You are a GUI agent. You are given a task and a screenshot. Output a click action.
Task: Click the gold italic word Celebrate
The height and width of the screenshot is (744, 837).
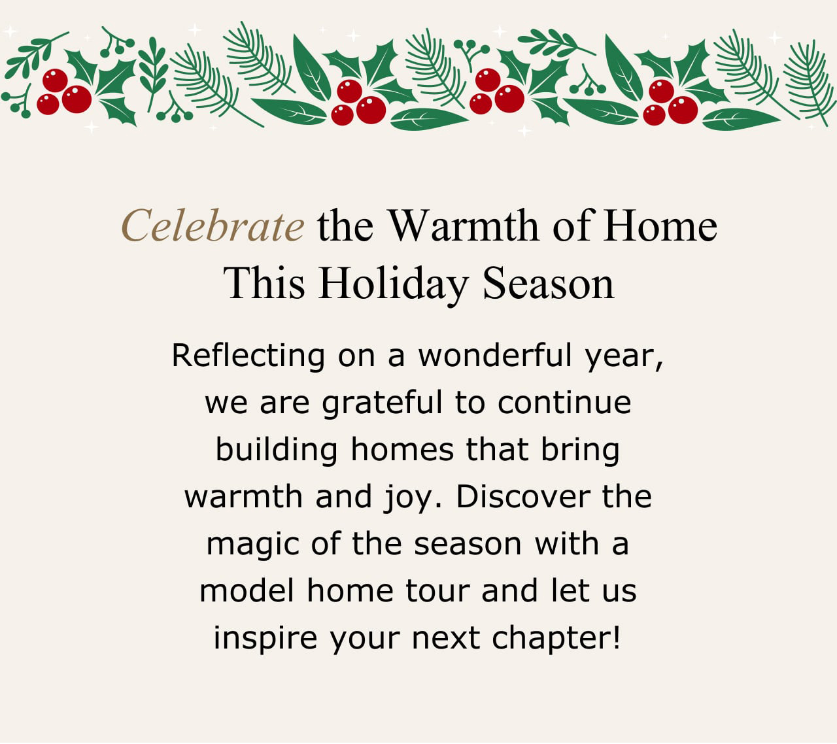tap(213, 226)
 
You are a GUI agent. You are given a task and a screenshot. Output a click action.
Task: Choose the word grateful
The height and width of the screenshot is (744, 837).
tap(382, 403)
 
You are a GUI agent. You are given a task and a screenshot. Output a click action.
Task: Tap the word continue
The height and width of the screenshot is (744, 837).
tap(564, 402)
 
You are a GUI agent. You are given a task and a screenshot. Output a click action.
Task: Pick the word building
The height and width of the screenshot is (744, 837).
tap(277, 450)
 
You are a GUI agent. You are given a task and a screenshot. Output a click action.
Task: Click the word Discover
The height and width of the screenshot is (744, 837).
tap(523, 497)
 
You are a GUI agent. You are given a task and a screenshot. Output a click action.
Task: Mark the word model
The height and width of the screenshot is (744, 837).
tap(247, 590)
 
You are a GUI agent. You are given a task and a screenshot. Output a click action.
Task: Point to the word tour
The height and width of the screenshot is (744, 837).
tap(438, 591)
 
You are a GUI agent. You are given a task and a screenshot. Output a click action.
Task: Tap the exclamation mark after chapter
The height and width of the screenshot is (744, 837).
tap(617, 637)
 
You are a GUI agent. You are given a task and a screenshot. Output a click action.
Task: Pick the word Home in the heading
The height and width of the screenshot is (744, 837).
tap(660, 226)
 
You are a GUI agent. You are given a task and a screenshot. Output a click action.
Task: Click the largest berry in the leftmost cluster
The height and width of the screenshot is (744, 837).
tap(77, 99)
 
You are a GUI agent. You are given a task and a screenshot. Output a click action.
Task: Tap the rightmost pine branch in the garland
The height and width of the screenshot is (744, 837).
tap(810, 82)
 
